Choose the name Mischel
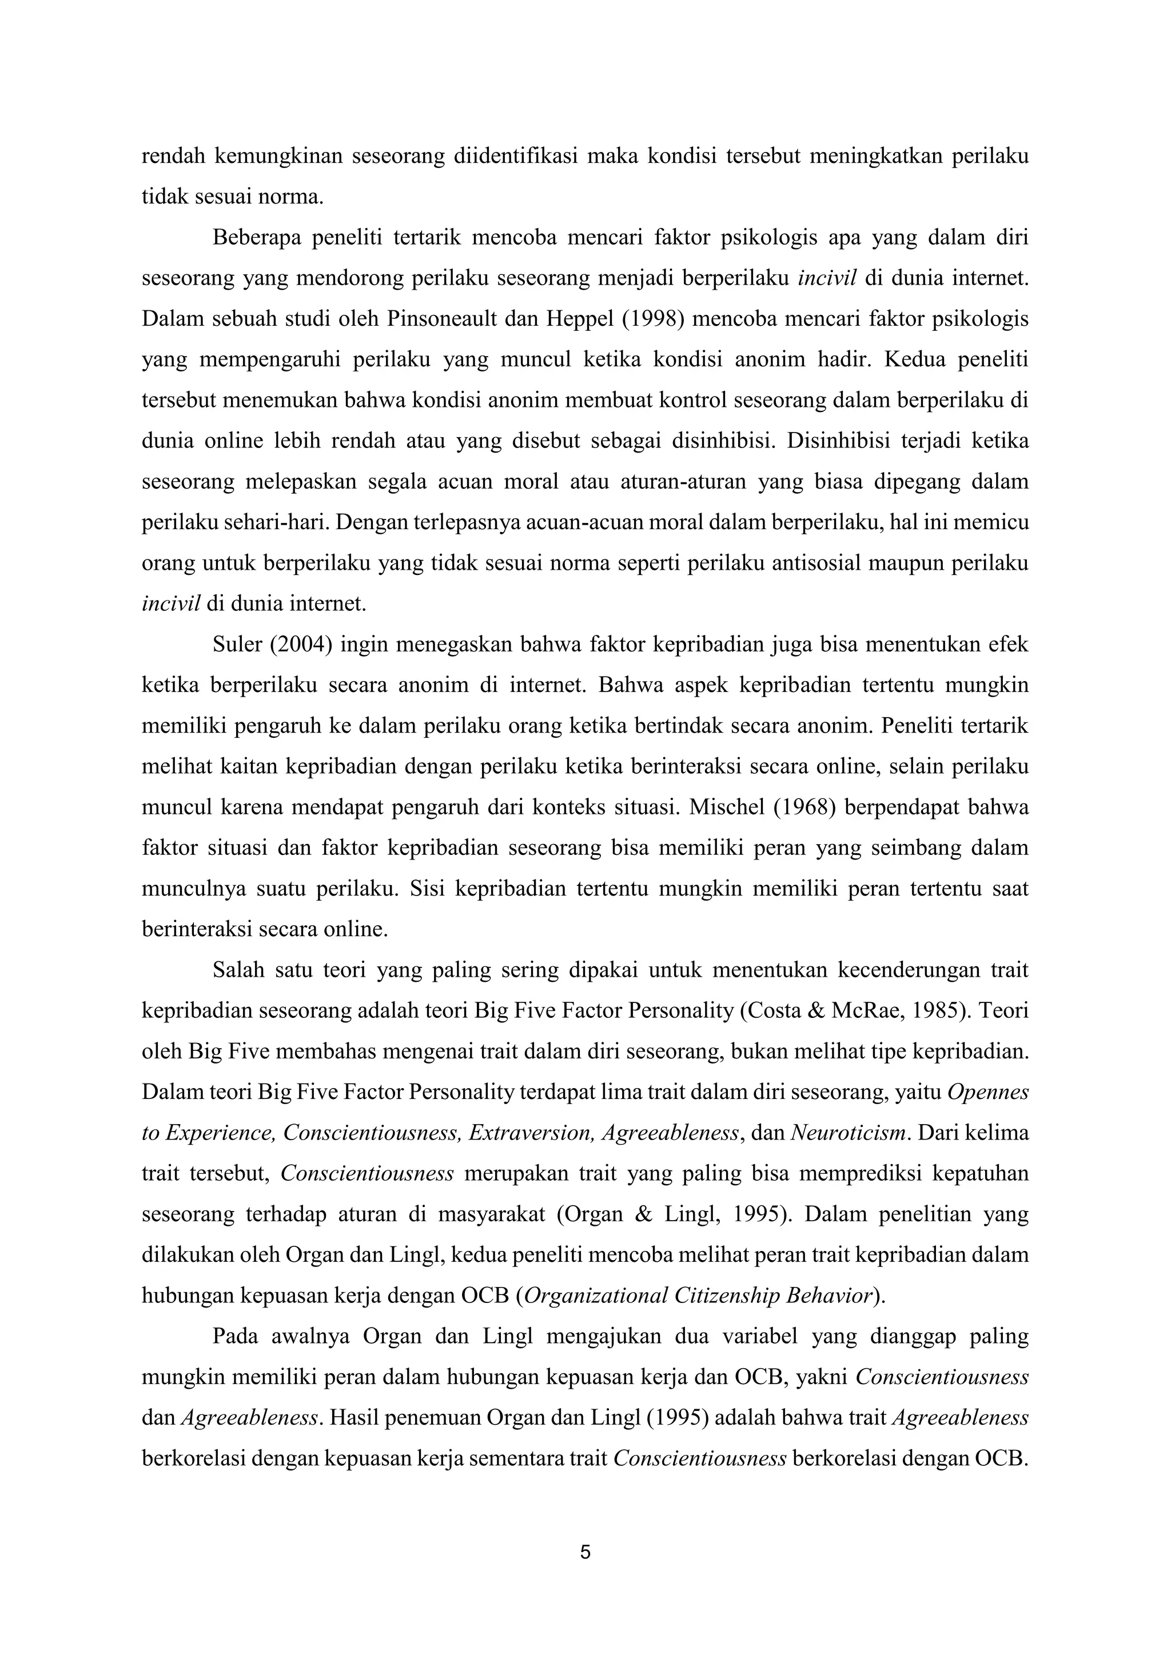(x=726, y=807)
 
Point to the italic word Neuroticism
(x=848, y=1133)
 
